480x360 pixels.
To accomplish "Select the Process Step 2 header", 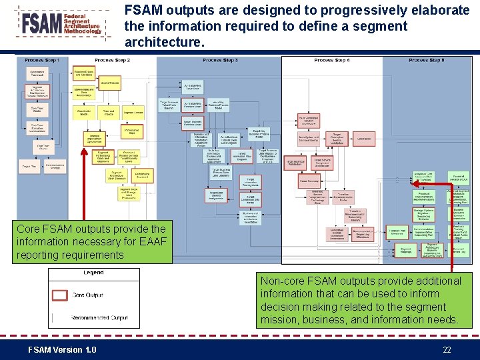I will click(112, 61).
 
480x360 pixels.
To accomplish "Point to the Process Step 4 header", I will click(331, 61).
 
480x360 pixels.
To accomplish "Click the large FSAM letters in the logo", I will click(41, 24).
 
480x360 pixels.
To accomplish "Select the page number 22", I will click(447, 350).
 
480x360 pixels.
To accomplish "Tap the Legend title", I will click(93, 273).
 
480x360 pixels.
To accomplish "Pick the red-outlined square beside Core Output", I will click(60, 295).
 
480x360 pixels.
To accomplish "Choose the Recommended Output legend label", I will click(99, 317).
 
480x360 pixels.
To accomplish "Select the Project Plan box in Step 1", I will click(29, 166).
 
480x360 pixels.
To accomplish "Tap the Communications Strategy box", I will click(55, 167).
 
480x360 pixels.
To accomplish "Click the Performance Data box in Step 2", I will click(131, 131).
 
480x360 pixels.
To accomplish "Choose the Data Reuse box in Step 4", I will click(364, 139).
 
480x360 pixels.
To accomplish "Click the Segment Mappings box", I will click(405, 251).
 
